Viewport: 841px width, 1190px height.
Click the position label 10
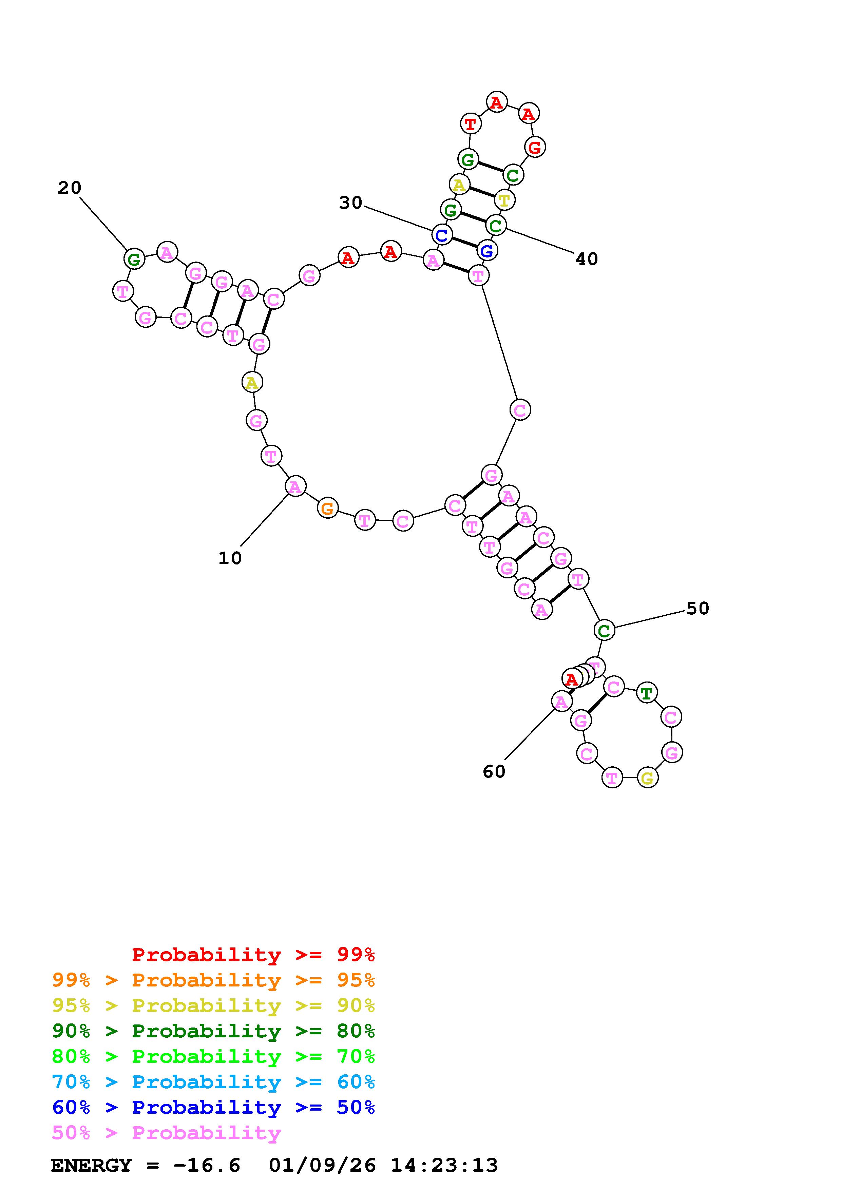click(x=230, y=558)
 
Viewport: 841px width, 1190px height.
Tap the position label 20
click(x=70, y=188)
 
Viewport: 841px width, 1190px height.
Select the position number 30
click(x=350, y=203)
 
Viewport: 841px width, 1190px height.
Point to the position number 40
click(x=586, y=258)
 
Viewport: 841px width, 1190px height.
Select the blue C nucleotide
click(x=441, y=235)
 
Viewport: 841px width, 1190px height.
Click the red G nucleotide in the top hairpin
click(x=534, y=147)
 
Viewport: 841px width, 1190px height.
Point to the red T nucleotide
click(x=470, y=124)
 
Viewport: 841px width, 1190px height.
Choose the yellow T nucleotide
click(x=504, y=199)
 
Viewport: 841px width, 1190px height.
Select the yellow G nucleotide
click(x=647, y=778)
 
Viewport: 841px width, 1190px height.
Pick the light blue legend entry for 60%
click(x=213, y=1082)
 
